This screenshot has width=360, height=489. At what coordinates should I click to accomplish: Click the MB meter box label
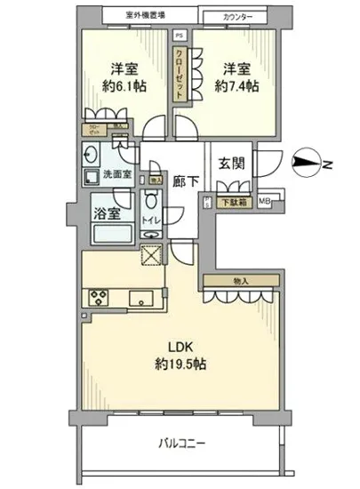tap(265, 202)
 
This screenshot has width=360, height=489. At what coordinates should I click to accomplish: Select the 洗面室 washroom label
tap(116, 174)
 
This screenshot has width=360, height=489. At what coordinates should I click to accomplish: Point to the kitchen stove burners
tap(97, 297)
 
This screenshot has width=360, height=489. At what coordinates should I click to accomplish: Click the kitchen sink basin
tap(141, 297)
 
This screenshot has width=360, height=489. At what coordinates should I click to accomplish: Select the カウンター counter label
tap(236, 16)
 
